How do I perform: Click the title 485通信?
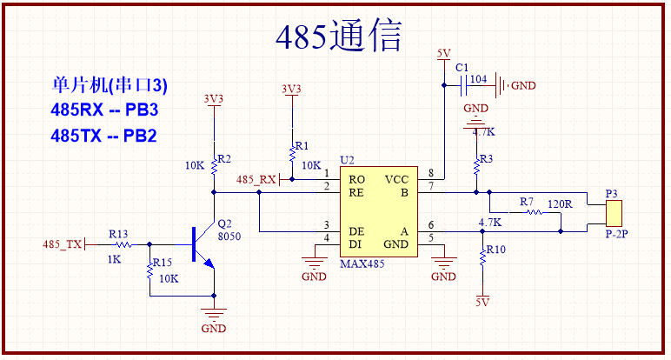(338, 37)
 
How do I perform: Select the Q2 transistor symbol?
(201, 246)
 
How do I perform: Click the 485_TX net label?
(62, 245)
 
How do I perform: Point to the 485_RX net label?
(256, 179)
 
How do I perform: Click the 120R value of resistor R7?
(560, 203)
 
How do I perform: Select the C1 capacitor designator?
(462, 68)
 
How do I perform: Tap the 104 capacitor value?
(478, 79)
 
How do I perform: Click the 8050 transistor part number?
(229, 236)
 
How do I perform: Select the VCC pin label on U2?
(396, 179)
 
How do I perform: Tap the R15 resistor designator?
(161, 263)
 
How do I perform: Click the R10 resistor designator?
(495, 249)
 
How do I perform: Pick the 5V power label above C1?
(443, 54)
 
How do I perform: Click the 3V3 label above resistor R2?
(213, 98)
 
